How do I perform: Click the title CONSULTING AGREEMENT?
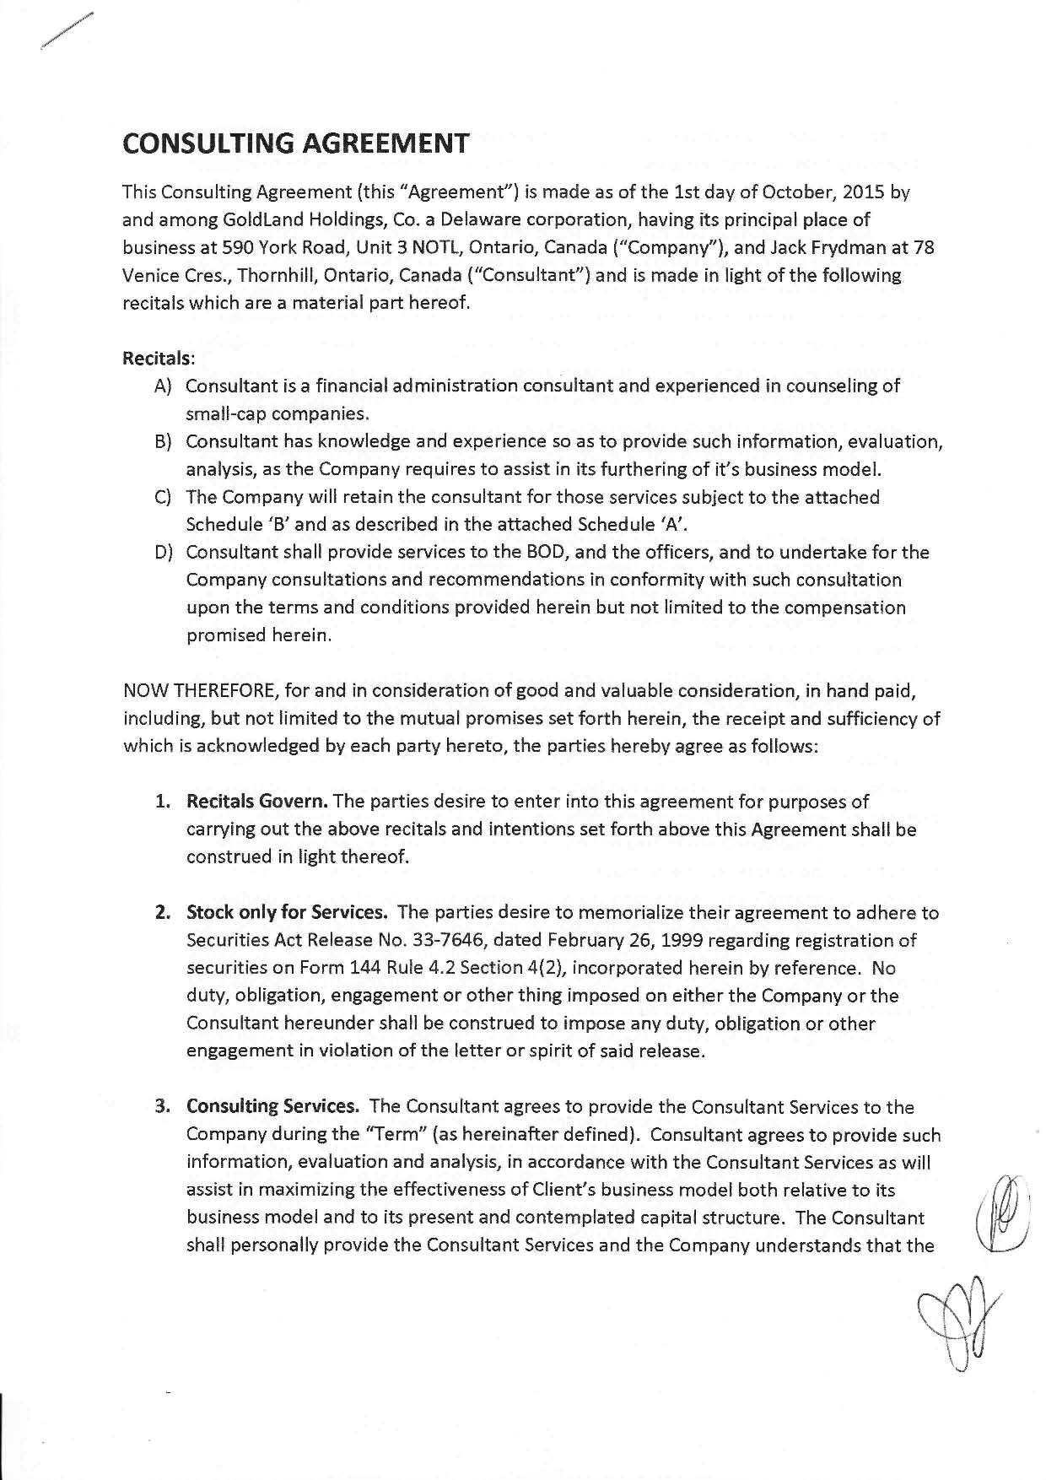pyautogui.click(x=295, y=143)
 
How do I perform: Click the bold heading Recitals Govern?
pyautogui.click(x=257, y=801)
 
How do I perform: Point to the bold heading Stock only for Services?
pyautogui.click(x=287, y=912)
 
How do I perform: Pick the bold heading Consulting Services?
pyautogui.click(x=273, y=1106)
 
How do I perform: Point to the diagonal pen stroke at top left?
pyautogui.click(x=65, y=34)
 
